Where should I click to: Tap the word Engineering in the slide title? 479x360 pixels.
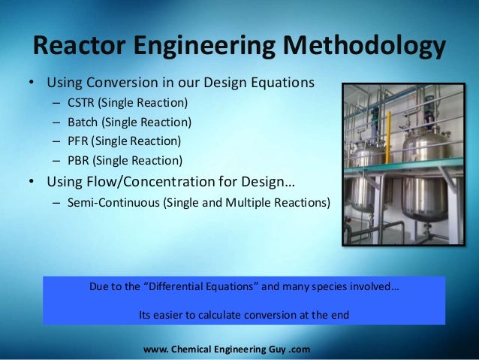tap(205, 47)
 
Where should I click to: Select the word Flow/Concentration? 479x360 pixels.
tap(158, 181)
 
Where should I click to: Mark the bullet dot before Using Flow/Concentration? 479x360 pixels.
tap(32, 182)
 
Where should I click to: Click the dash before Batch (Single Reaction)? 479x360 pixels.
tap(57, 122)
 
